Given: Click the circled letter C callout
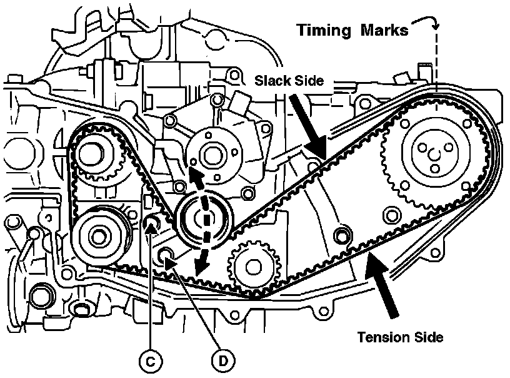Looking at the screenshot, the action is pos(150,361).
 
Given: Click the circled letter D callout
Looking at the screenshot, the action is pos(223,361).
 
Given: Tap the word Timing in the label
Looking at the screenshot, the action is pos(324,30).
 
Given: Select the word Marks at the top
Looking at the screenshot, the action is pos(385,30).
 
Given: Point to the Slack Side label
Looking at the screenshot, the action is pos(289,80).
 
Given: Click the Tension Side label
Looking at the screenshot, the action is pos(401,337).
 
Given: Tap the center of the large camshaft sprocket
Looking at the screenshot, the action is pos(435,154).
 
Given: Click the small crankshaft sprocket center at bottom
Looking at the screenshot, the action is pos(253,267).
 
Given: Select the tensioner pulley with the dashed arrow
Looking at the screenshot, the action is pos(204,219).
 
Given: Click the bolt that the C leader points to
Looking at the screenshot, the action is pos(152,222).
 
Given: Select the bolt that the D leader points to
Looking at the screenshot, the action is pos(166,254).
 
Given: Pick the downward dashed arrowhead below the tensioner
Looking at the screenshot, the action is pos(201,268).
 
